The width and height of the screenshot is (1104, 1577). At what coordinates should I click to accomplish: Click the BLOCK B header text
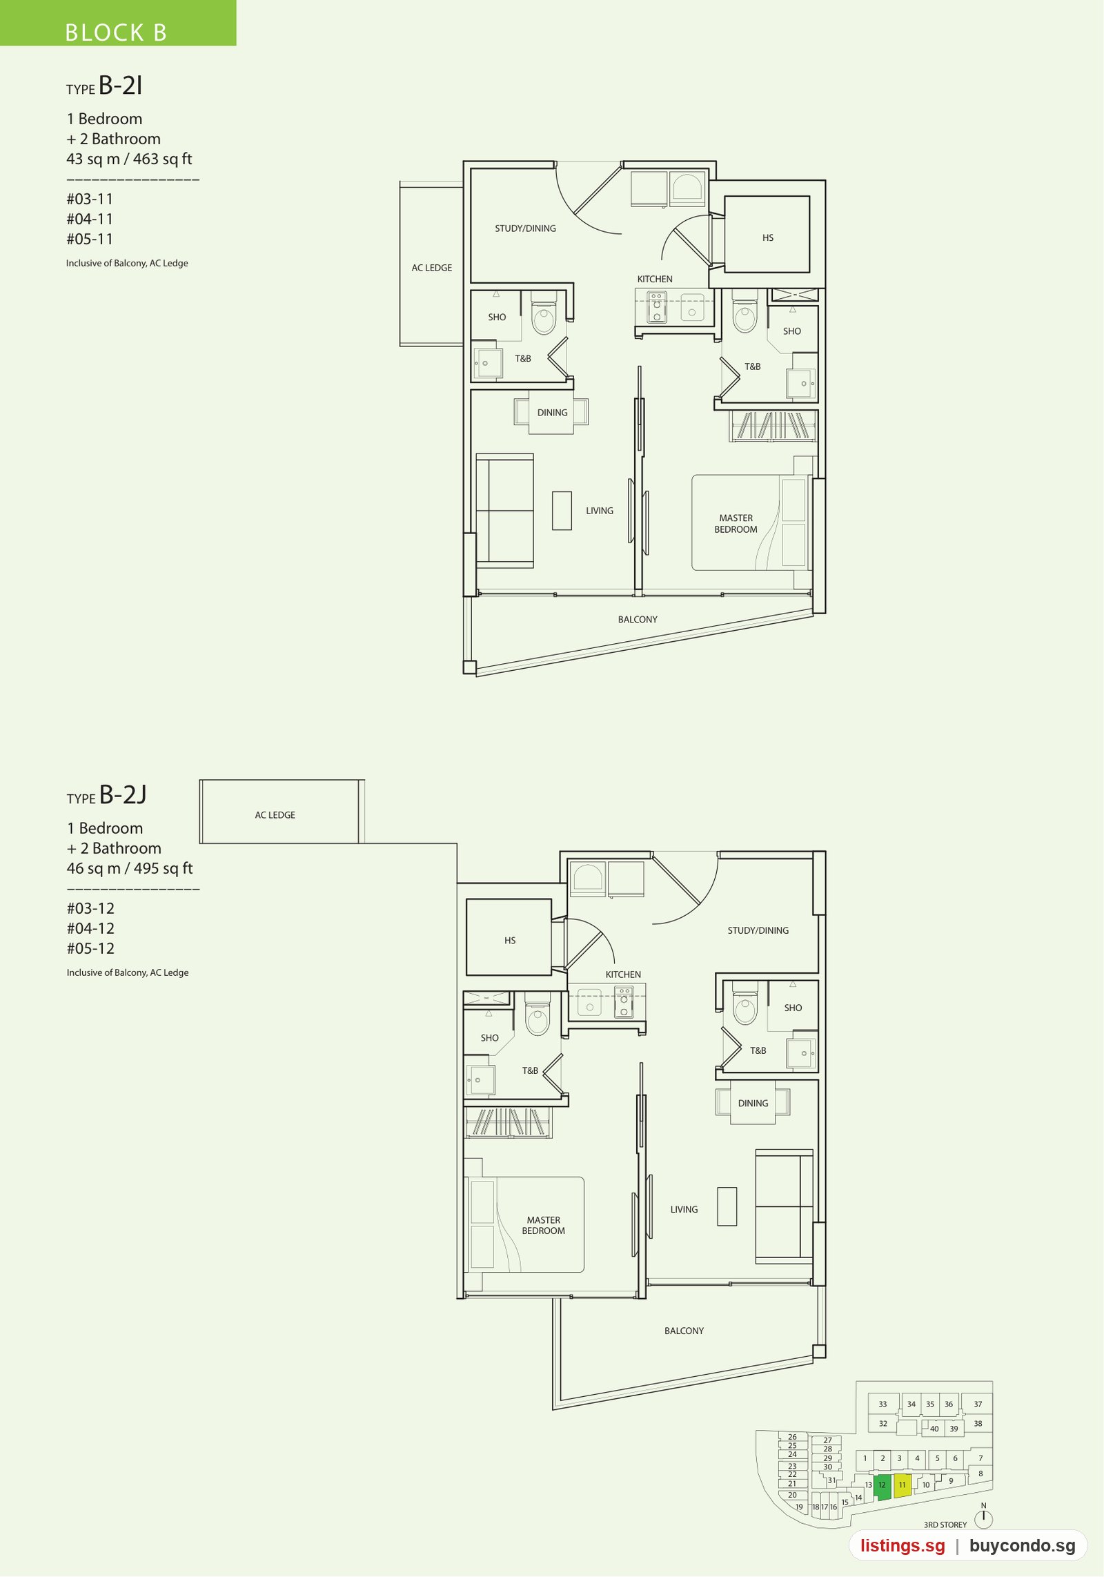tap(116, 32)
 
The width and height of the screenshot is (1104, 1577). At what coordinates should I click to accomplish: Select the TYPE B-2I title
tap(104, 86)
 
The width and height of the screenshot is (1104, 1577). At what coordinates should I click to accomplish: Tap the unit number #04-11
tap(90, 219)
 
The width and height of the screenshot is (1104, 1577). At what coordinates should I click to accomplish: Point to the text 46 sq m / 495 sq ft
tap(130, 868)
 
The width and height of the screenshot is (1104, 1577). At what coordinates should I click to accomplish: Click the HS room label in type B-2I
tap(768, 237)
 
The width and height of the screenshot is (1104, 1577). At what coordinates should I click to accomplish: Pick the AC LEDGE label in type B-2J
tap(275, 815)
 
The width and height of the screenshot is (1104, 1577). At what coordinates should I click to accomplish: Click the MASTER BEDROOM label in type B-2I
tap(736, 524)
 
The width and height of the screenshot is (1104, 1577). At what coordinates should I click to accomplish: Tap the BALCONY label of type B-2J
tap(684, 1331)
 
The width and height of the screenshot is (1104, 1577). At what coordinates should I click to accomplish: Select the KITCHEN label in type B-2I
tap(655, 279)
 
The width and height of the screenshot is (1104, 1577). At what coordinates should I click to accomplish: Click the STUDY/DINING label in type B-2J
tap(758, 930)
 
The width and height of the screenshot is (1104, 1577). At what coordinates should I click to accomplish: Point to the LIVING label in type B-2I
tap(600, 511)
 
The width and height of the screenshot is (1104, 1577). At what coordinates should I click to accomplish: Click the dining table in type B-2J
tap(753, 1103)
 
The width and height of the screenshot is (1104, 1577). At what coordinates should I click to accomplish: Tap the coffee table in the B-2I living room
tap(562, 511)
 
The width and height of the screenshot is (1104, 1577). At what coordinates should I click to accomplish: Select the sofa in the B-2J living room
tap(785, 1206)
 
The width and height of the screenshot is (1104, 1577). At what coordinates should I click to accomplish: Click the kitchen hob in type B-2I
tap(657, 307)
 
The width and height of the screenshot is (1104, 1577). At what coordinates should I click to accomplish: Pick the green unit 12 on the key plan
tap(882, 1487)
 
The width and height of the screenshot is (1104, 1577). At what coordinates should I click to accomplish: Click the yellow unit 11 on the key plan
tap(903, 1485)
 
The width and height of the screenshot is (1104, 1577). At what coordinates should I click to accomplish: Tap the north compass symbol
tap(983, 1518)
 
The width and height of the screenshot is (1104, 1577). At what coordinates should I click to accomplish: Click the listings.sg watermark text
tap(903, 1545)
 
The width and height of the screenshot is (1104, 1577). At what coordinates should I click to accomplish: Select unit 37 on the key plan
tap(978, 1404)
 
